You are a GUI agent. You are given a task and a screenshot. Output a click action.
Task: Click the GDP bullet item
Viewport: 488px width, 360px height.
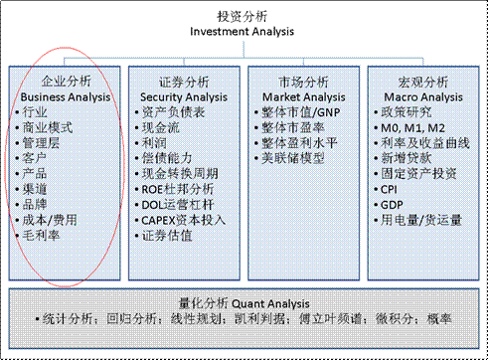pyautogui.click(x=391, y=205)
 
